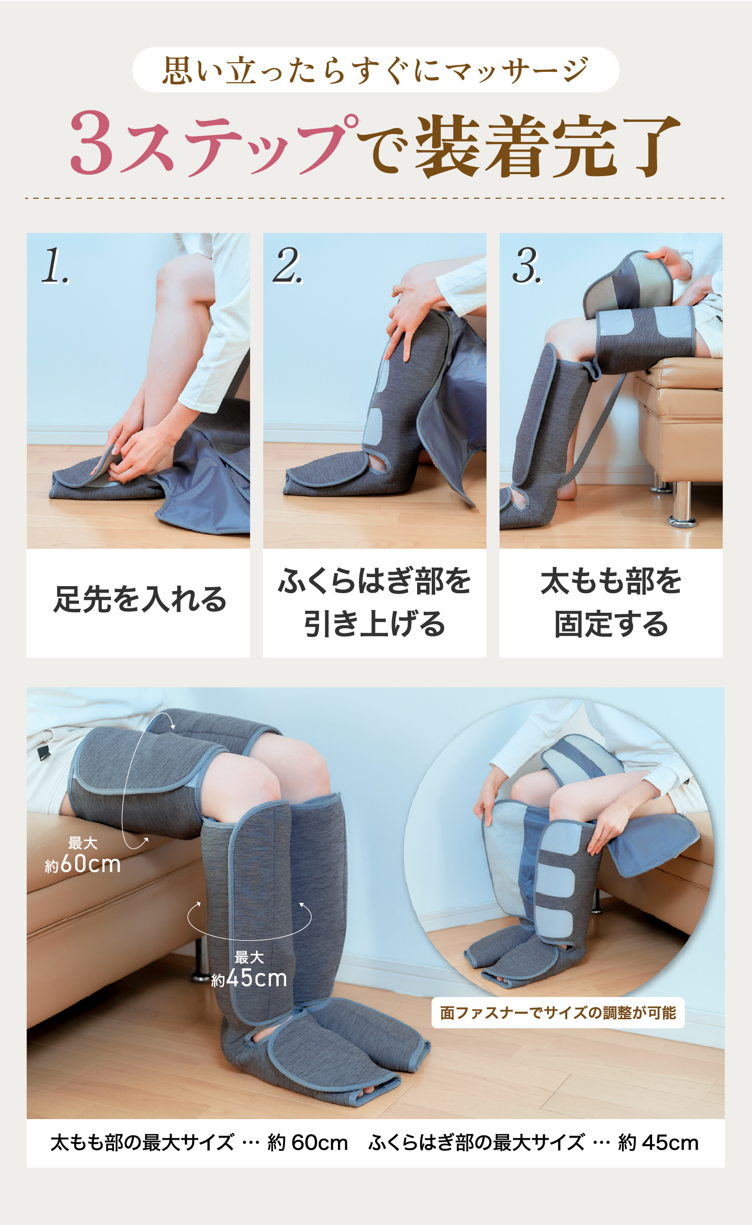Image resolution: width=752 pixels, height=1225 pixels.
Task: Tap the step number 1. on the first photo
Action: coord(55,266)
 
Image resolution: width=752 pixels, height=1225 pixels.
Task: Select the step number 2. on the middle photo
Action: coord(288,266)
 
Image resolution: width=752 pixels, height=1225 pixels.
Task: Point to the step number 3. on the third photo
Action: coord(527,266)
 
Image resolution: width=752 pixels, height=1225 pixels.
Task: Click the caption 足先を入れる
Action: coord(140,600)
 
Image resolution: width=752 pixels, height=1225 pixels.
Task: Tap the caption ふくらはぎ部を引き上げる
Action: coord(374,603)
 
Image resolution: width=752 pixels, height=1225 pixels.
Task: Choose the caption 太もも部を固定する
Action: coord(611,603)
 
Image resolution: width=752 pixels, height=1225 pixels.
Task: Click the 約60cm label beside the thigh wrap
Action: coord(83,864)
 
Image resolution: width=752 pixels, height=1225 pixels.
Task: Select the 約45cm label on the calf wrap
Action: coord(249,978)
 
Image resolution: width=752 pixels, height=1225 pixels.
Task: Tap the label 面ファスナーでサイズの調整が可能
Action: coord(558,1013)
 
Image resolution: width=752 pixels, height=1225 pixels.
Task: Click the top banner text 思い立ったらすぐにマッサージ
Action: coord(375,70)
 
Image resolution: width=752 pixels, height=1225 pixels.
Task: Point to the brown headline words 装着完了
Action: coord(547,146)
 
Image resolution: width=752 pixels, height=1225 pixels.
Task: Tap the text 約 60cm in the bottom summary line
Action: coord(308,1143)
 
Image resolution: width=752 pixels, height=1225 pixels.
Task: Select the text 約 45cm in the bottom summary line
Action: coord(658,1143)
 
